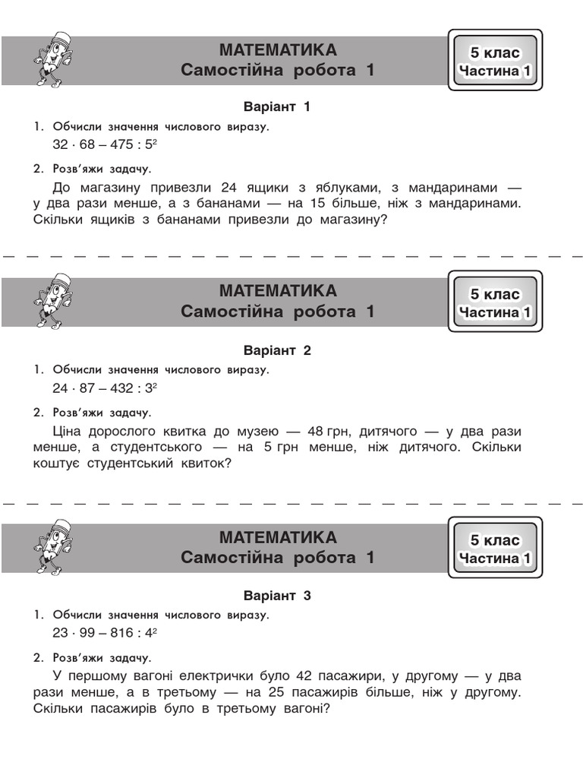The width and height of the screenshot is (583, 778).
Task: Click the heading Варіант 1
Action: tap(277, 107)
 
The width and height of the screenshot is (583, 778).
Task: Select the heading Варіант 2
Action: tap(277, 351)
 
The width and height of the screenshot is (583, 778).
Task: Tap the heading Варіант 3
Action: tap(277, 596)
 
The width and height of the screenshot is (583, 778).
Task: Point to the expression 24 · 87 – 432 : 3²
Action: tap(104, 387)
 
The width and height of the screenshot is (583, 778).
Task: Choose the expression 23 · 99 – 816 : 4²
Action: tap(104, 632)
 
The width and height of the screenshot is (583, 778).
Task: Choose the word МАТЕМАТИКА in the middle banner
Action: tap(278, 292)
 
